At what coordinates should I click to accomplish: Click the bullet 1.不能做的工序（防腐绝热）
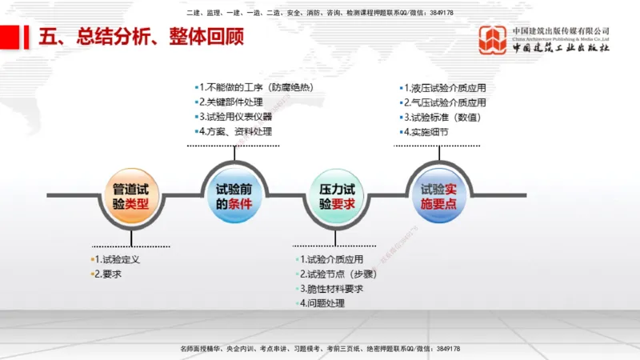254,87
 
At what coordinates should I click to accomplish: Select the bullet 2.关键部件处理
234,102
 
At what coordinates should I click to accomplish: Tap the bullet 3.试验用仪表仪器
238,117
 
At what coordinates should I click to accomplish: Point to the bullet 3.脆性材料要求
331,289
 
